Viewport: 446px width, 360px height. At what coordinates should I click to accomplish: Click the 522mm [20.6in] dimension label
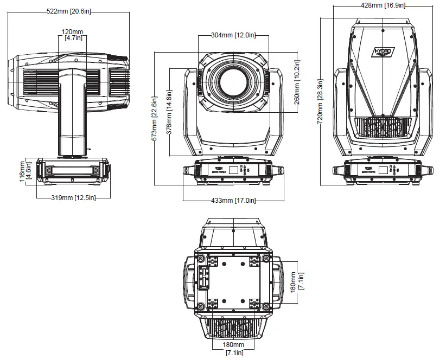point(69,11)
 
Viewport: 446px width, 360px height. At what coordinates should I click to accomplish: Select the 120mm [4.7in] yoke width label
point(73,35)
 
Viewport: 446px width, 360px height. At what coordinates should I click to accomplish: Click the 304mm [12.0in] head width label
point(233,36)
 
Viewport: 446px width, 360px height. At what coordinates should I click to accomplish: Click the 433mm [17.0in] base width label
point(233,201)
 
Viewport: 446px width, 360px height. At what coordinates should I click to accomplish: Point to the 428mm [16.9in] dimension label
point(383,5)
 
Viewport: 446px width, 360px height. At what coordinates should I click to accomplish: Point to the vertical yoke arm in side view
point(73,114)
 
